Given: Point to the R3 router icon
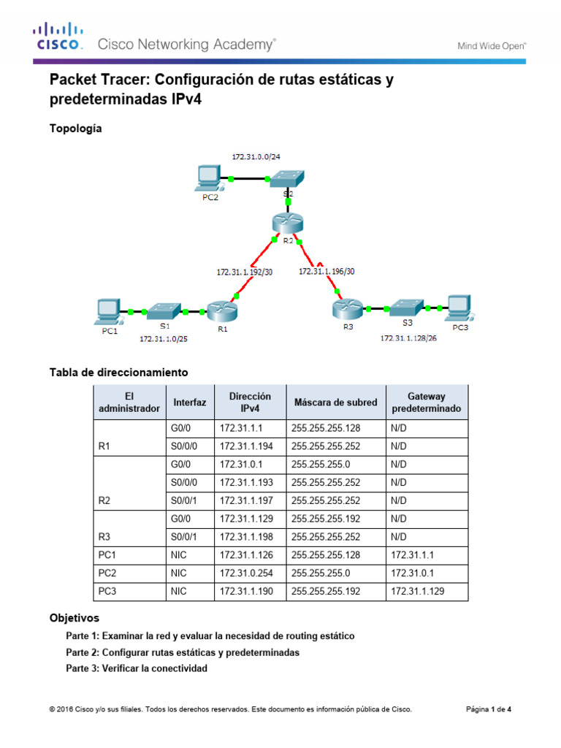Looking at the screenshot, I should (x=347, y=308).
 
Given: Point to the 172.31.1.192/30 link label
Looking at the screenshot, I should (x=244, y=271).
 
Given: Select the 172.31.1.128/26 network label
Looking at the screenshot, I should (x=408, y=339).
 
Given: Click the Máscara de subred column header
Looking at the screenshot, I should (x=335, y=402).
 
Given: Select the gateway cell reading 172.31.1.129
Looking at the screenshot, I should (x=417, y=591).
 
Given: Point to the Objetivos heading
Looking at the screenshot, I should (x=74, y=617).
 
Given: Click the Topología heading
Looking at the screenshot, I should (x=75, y=129).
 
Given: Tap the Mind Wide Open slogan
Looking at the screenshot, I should (x=492, y=45).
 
